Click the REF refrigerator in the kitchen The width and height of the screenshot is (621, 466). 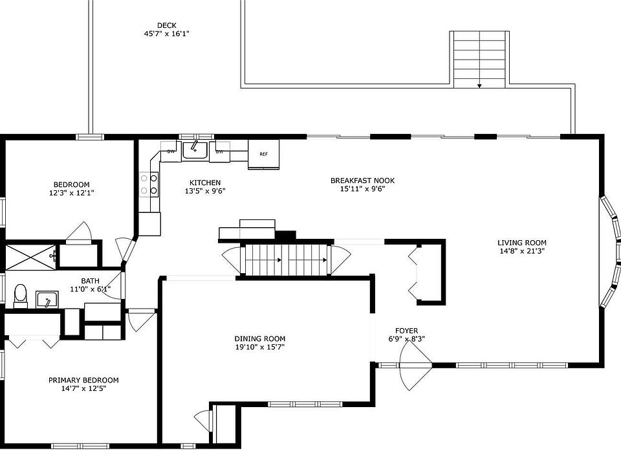click(x=263, y=154)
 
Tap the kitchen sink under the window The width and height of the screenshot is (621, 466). click(x=195, y=150)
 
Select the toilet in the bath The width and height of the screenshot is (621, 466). click(x=20, y=296)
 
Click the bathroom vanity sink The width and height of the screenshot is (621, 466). click(x=47, y=300)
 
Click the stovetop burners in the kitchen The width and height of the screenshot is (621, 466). click(x=149, y=184)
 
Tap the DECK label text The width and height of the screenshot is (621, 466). click(x=167, y=25)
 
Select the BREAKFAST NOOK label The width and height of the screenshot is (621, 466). click(x=362, y=181)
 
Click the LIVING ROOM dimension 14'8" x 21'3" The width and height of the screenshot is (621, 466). click(x=522, y=251)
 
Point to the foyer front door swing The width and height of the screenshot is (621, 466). click(x=415, y=365)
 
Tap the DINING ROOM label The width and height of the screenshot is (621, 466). click(x=260, y=338)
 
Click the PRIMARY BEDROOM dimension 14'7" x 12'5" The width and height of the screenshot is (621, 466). click(x=83, y=389)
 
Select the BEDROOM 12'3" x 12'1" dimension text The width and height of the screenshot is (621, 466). click(x=71, y=193)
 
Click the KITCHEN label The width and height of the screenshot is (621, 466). click(x=205, y=183)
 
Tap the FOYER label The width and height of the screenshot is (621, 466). click(x=406, y=331)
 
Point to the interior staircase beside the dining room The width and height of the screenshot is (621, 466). click(x=285, y=260)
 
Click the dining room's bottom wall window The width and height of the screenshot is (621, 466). click(x=305, y=404)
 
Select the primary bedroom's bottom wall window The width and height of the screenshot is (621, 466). click(x=80, y=446)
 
